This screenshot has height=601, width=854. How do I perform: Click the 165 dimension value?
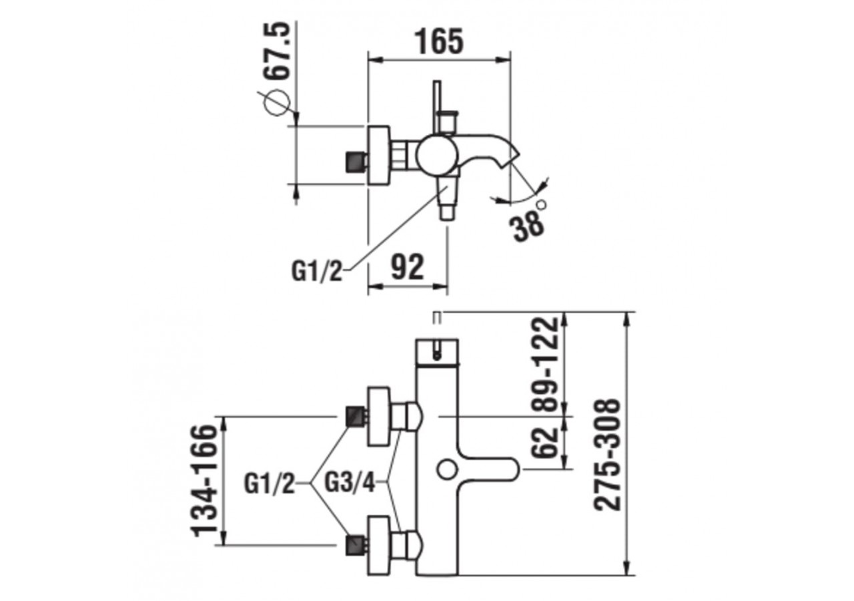tap(439, 41)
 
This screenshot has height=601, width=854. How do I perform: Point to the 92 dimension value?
tap(406, 268)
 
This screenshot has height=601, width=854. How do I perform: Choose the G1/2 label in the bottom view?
tap(269, 482)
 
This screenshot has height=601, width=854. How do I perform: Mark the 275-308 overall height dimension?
tap(608, 454)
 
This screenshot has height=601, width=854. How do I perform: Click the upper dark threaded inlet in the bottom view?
tap(355, 417)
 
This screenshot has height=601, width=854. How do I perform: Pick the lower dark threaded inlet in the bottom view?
tap(355, 544)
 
